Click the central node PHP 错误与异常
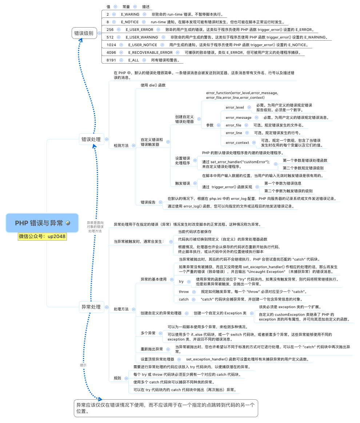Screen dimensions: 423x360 click(x=39, y=223)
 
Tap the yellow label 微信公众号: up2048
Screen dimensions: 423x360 click(x=42, y=237)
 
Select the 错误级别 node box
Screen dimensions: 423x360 click(x=84, y=33)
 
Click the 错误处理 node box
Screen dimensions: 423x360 click(x=91, y=139)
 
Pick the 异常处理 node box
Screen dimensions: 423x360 click(x=91, y=307)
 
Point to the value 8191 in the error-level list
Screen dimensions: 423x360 click(x=111, y=60)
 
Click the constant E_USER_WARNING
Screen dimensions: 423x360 click(x=142, y=37)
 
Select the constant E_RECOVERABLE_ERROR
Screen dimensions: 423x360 click(x=150, y=53)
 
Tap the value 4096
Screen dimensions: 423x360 click(x=111, y=53)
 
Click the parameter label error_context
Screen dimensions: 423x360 click(x=237, y=143)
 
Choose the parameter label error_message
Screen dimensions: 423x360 click(x=239, y=117)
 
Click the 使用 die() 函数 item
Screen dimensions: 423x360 click(x=153, y=85)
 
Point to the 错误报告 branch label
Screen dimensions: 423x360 click(x=148, y=202)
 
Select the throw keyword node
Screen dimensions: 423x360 click(x=184, y=291)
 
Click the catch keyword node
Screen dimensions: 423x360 click(x=184, y=299)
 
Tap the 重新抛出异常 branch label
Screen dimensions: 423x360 click(x=152, y=349)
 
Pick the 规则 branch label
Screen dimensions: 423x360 click(x=117, y=378)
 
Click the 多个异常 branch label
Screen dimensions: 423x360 click(x=148, y=333)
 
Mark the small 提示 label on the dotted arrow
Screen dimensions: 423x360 click(x=83, y=365)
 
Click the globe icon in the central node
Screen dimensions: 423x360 click(x=68, y=223)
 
